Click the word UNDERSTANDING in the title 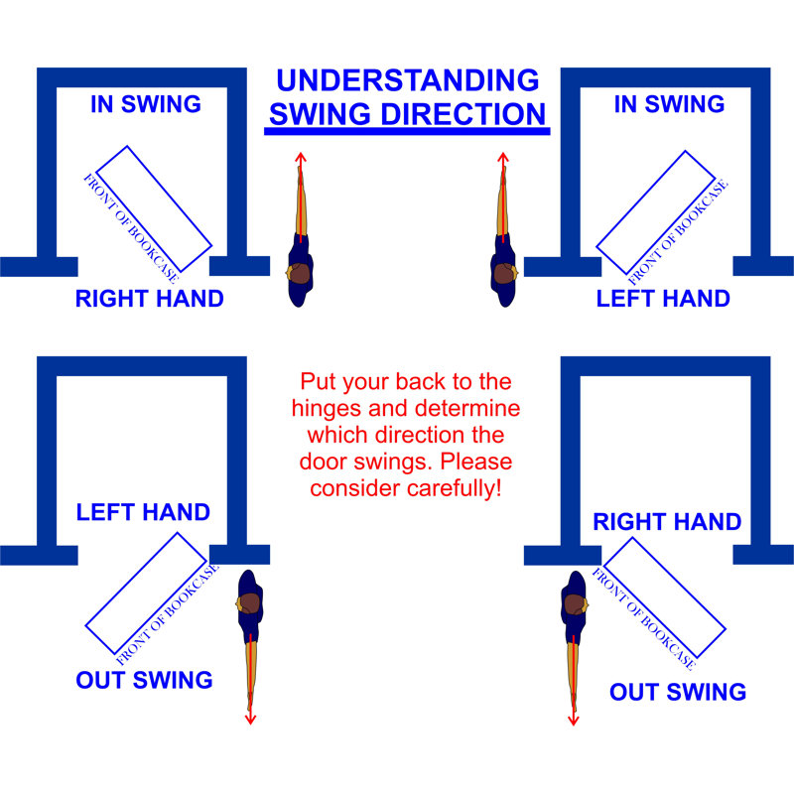407,80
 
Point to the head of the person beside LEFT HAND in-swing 505,271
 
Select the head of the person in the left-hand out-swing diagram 250,601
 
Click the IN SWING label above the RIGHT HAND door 146,104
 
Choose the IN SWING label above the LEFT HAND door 668,104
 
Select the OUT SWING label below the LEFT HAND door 144,680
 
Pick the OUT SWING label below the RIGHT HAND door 678,692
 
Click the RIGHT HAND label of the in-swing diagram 150,298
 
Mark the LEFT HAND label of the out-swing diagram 144,513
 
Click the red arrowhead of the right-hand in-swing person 301,156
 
